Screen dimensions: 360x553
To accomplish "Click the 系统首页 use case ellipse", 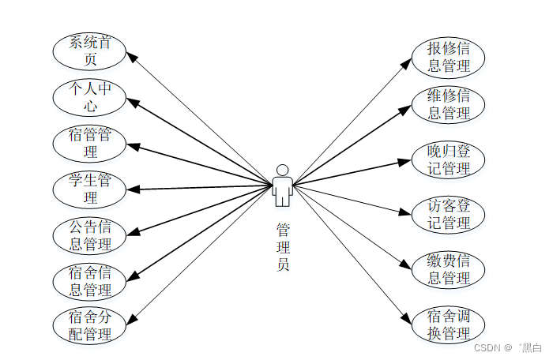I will (x=89, y=51).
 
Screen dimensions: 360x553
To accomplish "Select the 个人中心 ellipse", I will (x=89, y=96).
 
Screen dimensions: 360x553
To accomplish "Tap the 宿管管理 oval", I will (x=89, y=142).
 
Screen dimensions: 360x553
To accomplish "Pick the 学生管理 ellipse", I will (x=89, y=188).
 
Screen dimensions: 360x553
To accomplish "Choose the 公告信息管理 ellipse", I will (x=89, y=234).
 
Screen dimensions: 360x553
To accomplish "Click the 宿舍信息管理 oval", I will (x=89, y=280).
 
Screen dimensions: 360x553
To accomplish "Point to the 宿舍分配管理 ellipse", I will (x=89, y=325).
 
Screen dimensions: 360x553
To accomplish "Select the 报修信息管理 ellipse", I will (x=449, y=57).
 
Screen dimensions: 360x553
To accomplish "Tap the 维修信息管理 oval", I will (x=449, y=104).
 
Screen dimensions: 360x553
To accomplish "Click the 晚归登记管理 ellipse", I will (x=449, y=159).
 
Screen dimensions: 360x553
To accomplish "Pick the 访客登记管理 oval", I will (x=449, y=214).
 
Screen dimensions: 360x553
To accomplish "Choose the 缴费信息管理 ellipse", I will (x=449, y=269).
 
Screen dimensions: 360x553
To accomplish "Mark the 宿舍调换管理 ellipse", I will (x=449, y=324).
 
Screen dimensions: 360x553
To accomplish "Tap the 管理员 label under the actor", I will (x=282, y=246).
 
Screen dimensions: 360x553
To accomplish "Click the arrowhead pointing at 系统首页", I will (x=134, y=57).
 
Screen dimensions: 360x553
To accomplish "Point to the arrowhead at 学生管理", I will (x=132, y=189).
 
